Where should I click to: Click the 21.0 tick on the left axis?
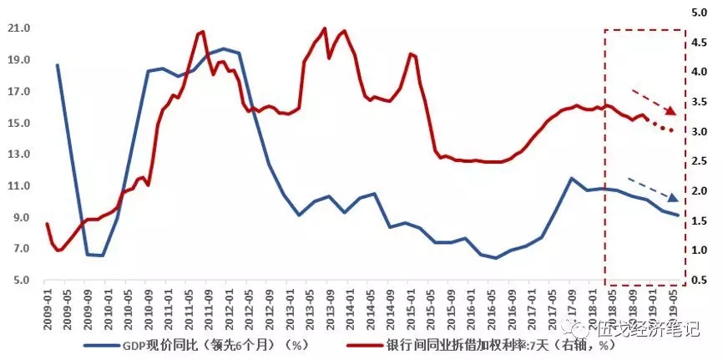(x=18, y=28)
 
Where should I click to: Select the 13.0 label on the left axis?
(x=18, y=155)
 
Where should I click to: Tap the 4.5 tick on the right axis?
(x=701, y=43)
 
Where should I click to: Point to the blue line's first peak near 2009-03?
(x=58, y=65)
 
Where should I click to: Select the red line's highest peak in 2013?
(x=325, y=28)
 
